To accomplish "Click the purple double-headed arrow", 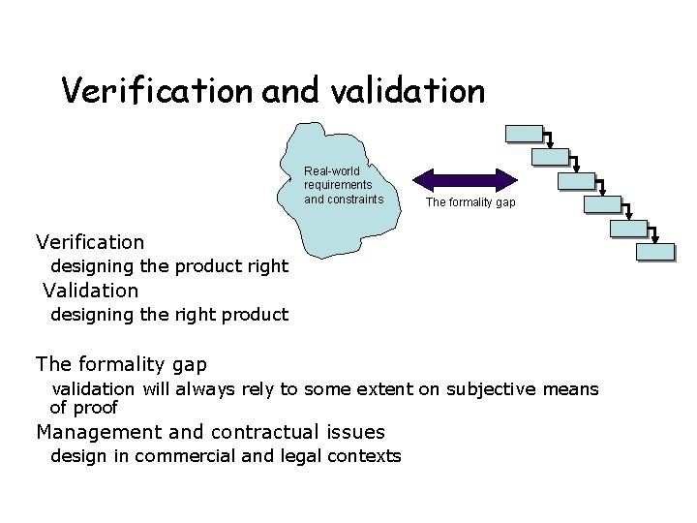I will pos(467,178).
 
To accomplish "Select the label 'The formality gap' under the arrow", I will pos(471,202).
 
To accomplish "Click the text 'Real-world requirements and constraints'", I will pos(338,185).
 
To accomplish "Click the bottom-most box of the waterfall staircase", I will pos(654,252).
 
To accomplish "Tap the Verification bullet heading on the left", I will pos(90,241).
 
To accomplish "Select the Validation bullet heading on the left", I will pos(91,290).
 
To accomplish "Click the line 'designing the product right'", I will pos(168,265).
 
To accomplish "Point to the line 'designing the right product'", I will pos(168,314).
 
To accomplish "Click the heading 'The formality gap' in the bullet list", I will pos(121,364).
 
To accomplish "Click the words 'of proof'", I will pos(83,407).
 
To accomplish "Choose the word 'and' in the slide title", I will pos(282,91).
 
